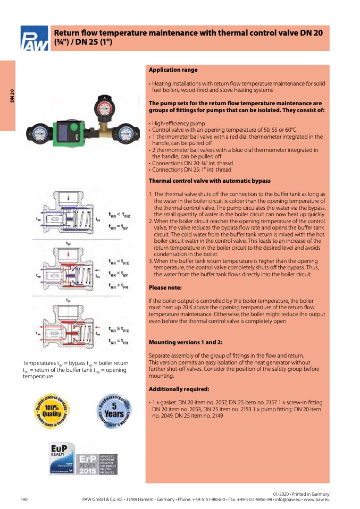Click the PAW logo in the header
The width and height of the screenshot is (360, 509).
tap(34, 38)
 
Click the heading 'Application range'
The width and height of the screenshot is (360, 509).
tap(173, 70)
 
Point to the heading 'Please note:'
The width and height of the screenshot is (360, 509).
tap(165, 287)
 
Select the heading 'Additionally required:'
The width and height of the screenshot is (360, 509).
tap(175, 389)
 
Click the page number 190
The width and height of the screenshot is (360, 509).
tap(24, 500)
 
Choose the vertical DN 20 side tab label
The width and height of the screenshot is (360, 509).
tap(12, 96)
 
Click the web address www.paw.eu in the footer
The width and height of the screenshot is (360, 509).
tap(317, 500)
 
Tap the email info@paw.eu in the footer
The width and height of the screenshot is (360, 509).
tap(286, 500)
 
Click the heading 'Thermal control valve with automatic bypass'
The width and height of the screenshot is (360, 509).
tap(210, 181)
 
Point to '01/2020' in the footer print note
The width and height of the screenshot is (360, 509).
tap(281, 494)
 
